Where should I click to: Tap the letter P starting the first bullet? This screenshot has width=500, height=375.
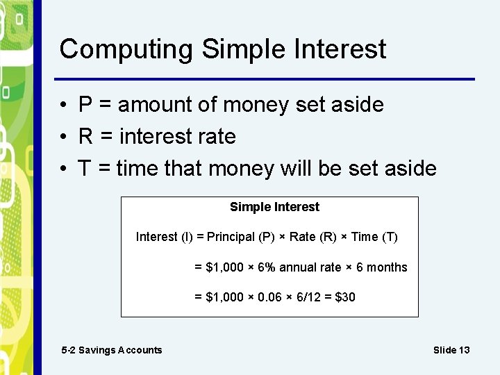(86, 105)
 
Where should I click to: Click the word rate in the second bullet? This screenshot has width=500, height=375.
(217, 137)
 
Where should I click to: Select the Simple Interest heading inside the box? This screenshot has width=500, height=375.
(274, 207)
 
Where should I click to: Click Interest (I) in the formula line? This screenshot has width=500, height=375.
(165, 237)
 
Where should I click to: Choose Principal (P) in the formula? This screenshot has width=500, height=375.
(240, 237)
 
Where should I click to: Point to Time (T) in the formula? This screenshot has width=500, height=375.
(374, 237)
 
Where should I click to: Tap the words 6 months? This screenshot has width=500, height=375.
(381, 267)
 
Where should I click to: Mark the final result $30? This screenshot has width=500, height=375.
(345, 297)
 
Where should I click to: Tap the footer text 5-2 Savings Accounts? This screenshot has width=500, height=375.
(112, 350)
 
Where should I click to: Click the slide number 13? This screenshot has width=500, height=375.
(464, 350)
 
